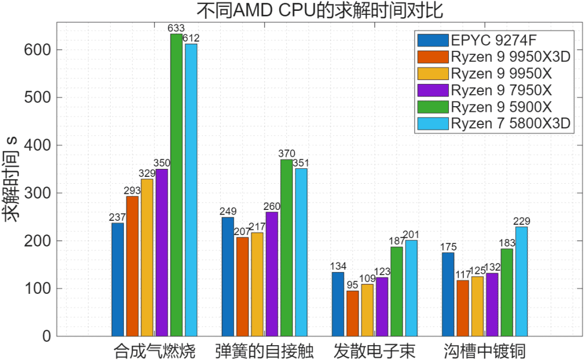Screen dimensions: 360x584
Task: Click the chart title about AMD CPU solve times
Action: (x=320, y=10)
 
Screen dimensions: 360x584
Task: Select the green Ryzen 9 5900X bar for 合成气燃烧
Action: (x=176, y=185)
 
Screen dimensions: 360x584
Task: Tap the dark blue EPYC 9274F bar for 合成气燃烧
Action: (x=117, y=280)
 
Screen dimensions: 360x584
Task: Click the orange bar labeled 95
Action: (x=352, y=313)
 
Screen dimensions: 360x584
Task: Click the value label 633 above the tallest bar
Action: (x=176, y=28)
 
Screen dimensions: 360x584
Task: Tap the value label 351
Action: (x=301, y=163)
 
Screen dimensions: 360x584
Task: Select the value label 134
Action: (x=338, y=266)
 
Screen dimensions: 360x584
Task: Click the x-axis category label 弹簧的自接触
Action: (x=265, y=349)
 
